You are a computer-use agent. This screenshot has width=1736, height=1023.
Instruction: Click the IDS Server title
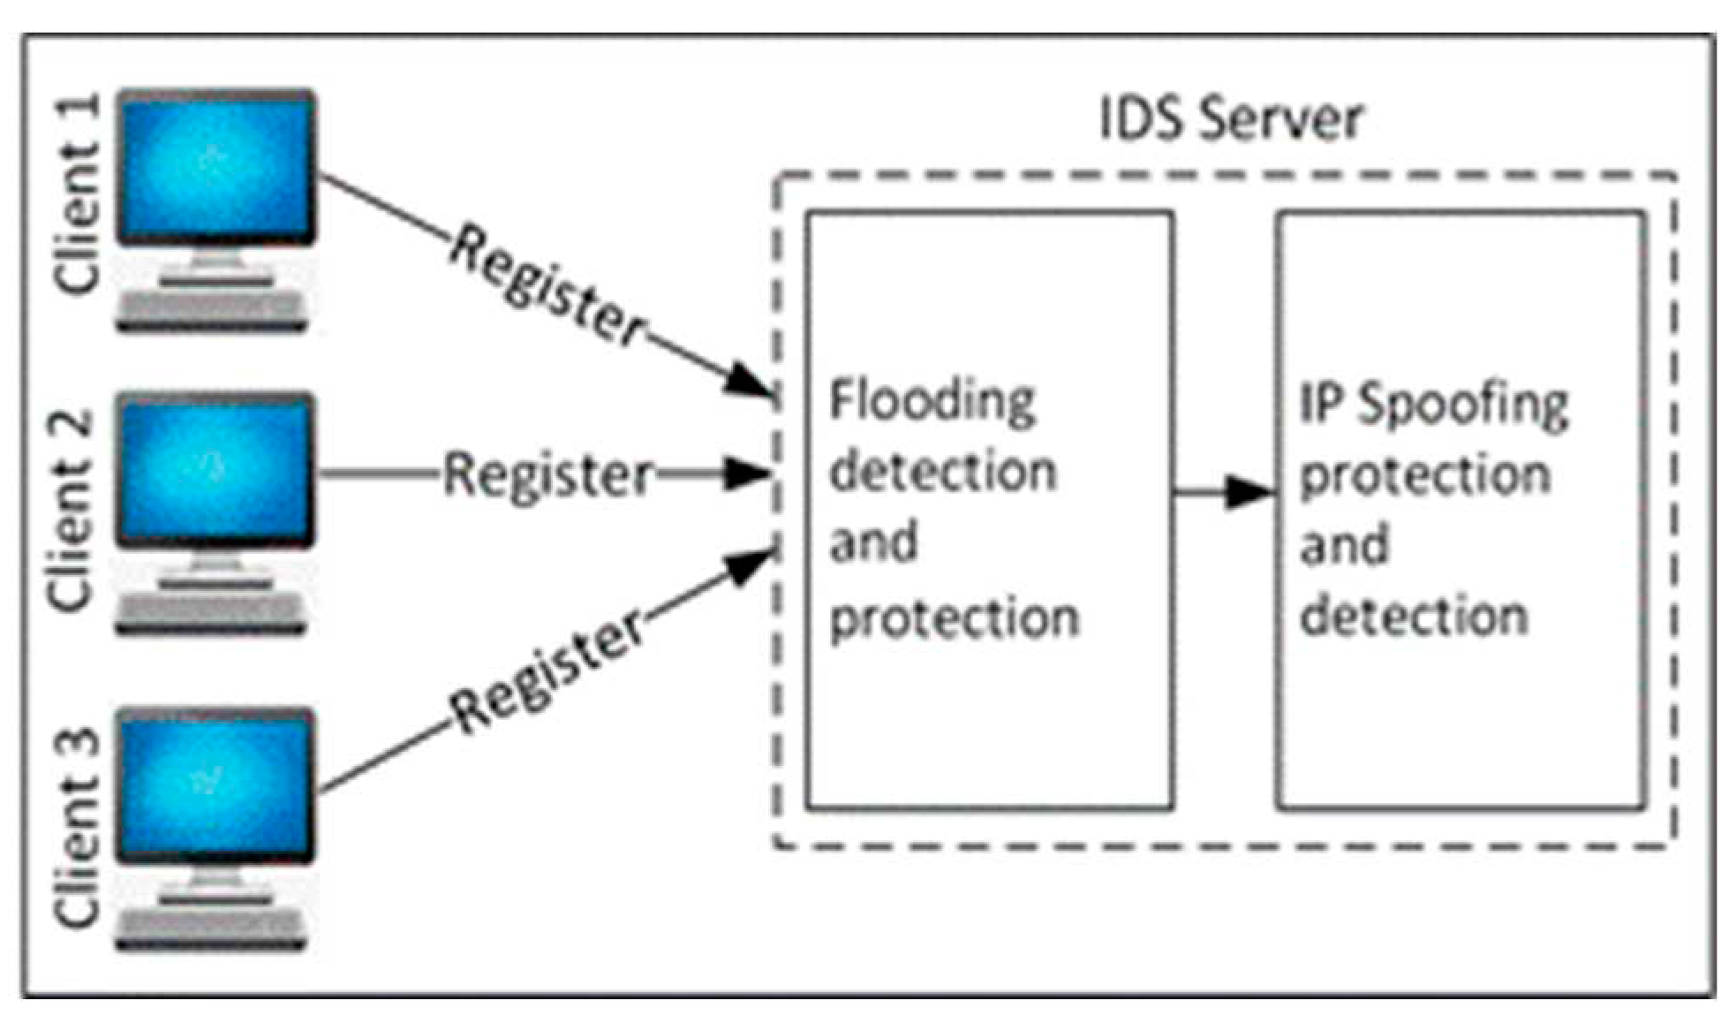click(x=1231, y=119)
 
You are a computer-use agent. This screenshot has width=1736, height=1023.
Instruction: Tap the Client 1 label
click(x=78, y=194)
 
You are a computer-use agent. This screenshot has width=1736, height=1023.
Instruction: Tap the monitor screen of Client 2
click(x=216, y=469)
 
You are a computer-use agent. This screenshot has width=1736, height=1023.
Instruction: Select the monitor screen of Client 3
click(x=216, y=784)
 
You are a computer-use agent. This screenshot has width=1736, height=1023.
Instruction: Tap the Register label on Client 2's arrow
click(x=547, y=475)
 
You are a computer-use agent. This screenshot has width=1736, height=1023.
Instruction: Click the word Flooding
click(x=932, y=402)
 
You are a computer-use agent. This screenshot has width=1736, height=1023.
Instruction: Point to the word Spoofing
click(x=1462, y=405)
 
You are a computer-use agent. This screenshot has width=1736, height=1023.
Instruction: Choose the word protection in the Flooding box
click(x=955, y=618)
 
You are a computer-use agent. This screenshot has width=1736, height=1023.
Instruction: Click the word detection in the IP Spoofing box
click(x=1414, y=616)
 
